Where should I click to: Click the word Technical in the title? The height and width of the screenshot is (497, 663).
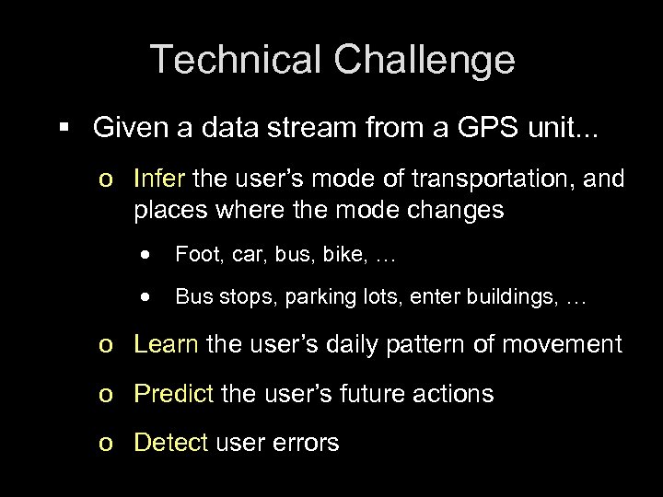point(236,60)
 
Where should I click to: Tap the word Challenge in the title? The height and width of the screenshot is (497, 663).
point(421,60)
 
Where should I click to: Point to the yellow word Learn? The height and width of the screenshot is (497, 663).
point(166,344)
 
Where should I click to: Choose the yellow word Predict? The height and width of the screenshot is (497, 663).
point(173,394)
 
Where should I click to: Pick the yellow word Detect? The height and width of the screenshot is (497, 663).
point(170,443)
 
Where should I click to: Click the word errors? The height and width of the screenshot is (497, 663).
point(306,443)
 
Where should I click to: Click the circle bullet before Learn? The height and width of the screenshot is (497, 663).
point(107,346)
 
